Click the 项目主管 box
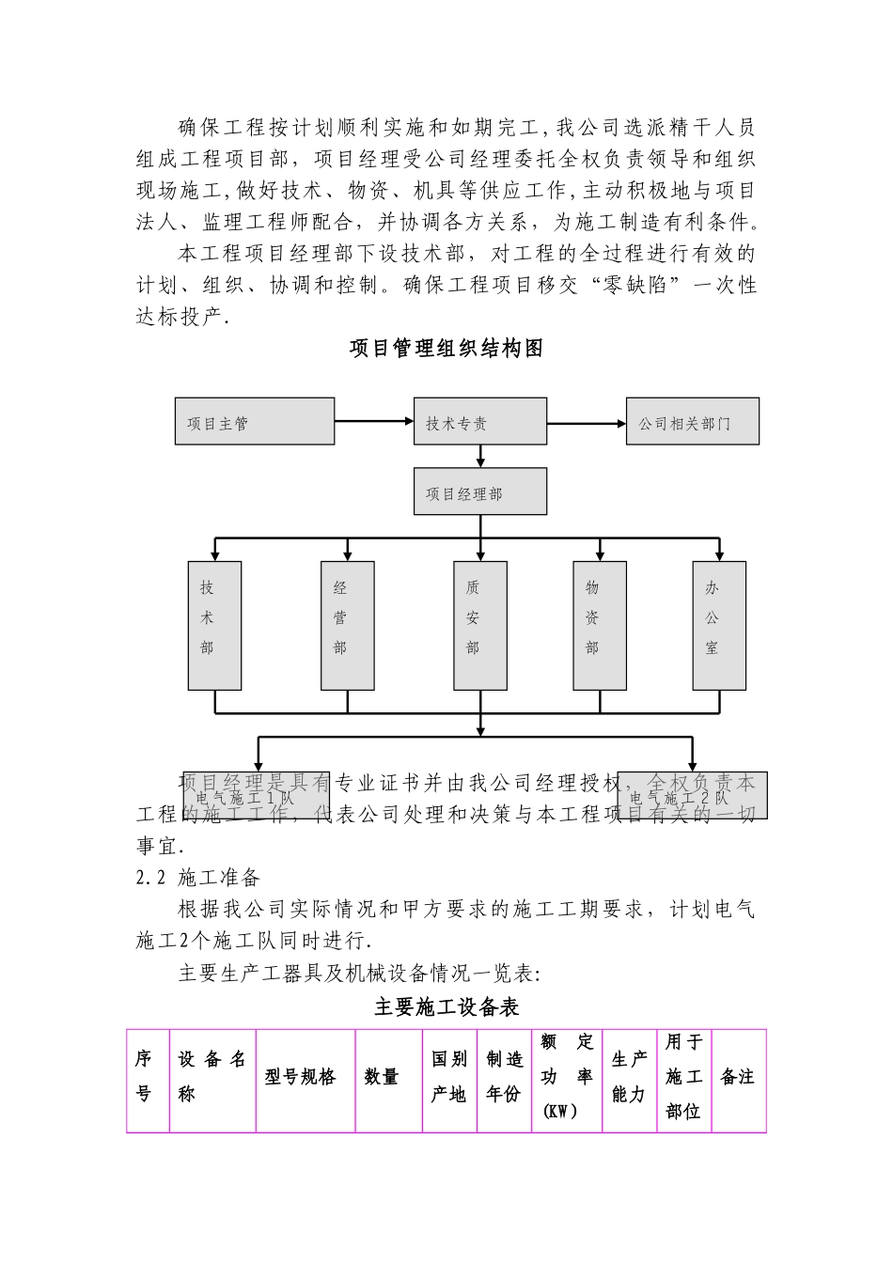[x=255, y=421]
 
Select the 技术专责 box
[x=479, y=421]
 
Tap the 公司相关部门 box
[x=692, y=421]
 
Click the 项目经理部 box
[x=479, y=491]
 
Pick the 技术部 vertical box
[x=214, y=625]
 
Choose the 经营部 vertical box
[x=347, y=625]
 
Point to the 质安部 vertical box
[x=479, y=625]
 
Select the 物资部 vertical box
[x=600, y=625]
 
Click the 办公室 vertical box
[x=719, y=625]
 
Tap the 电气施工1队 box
[x=256, y=795]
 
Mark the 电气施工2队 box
[x=693, y=795]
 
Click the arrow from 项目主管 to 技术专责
[x=374, y=421]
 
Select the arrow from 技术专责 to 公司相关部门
[x=587, y=423]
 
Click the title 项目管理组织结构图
[x=446, y=349]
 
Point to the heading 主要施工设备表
[x=446, y=1007]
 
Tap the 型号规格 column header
[x=305, y=1078]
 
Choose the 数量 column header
[x=387, y=1078]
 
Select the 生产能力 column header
[x=629, y=1078]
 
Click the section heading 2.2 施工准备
[x=198, y=878]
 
